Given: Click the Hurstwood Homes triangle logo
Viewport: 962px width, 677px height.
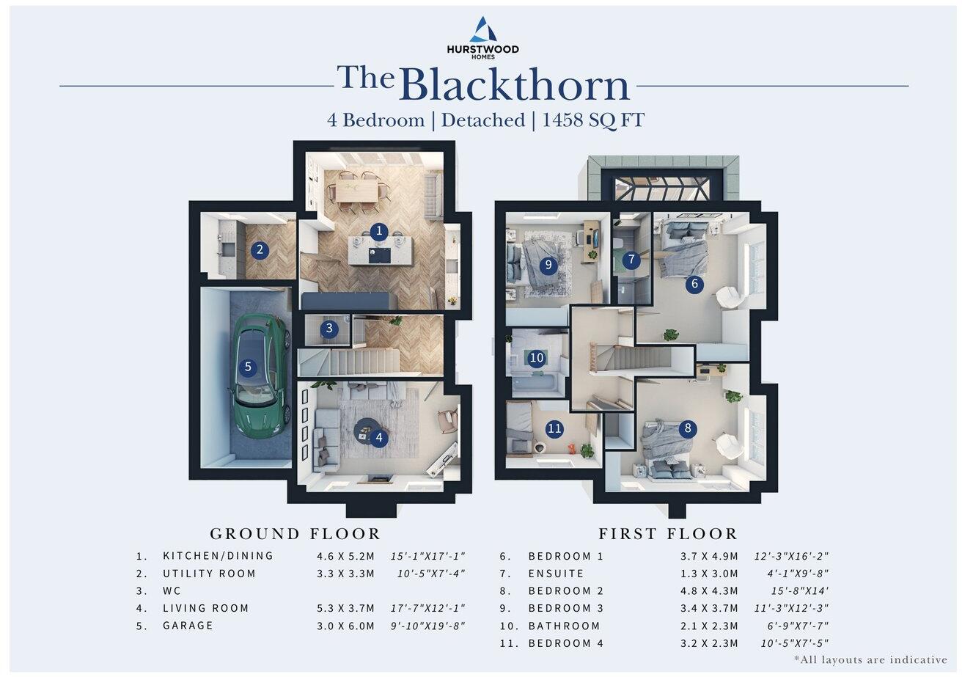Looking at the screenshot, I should (x=482, y=30).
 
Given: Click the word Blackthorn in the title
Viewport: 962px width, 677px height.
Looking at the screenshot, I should (x=515, y=85).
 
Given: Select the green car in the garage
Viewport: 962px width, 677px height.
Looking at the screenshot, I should (x=257, y=374).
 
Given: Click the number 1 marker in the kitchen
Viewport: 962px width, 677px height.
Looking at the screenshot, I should (x=378, y=231).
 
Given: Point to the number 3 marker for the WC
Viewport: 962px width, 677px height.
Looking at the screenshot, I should (x=329, y=328).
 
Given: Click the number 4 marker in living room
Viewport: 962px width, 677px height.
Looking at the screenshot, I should (x=378, y=438).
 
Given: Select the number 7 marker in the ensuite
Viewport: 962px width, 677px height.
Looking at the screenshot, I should (x=631, y=260).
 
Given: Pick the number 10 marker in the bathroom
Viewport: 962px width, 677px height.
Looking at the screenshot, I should (x=537, y=358).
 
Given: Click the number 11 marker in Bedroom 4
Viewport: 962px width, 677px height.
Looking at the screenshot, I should (x=554, y=428).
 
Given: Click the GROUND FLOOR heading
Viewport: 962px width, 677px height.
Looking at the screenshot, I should (x=295, y=534).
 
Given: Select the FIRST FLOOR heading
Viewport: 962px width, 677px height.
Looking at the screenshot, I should (x=668, y=534).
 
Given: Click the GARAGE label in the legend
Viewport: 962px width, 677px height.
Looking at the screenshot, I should (x=188, y=626).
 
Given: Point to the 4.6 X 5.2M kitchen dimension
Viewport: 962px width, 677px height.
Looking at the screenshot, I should (x=345, y=556).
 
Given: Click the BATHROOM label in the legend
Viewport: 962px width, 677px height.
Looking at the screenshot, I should (x=564, y=626).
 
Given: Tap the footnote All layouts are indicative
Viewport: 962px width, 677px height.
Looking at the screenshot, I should (x=870, y=660).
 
